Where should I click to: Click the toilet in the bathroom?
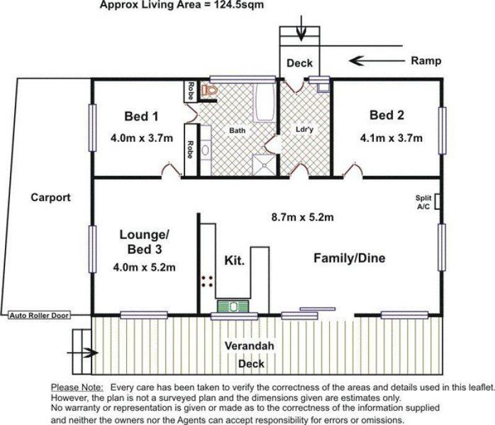click(x=209, y=90)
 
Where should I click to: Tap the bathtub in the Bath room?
click(x=264, y=102)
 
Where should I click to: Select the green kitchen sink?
click(x=233, y=306)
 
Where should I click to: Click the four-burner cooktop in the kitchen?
click(x=207, y=281)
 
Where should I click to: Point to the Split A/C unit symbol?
click(x=437, y=201)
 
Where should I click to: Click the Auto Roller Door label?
click(x=39, y=316)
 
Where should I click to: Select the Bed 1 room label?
click(x=141, y=116)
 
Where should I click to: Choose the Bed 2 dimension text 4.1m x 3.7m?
click(x=391, y=138)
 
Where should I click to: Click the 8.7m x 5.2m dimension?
click(x=303, y=217)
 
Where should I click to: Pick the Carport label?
click(x=51, y=197)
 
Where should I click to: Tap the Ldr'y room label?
click(x=304, y=129)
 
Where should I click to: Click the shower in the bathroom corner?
click(x=264, y=165)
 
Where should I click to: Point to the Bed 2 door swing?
click(x=353, y=170)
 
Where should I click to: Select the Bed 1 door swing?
click(x=171, y=170)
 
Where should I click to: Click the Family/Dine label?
click(x=350, y=258)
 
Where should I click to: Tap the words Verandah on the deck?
click(x=249, y=346)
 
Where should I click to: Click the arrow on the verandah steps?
click(x=83, y=353)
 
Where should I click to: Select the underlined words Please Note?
click(x=77, y=387)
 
